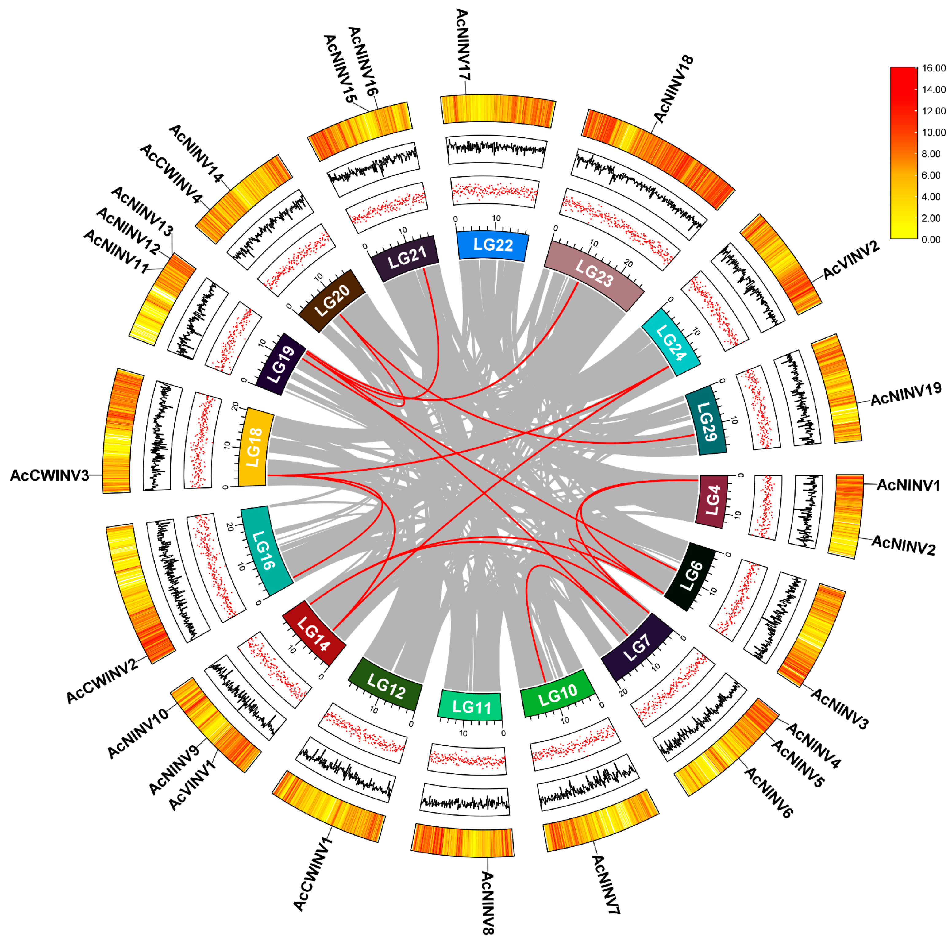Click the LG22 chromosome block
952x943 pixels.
point(493,245)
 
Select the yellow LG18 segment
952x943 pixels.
point(254,447)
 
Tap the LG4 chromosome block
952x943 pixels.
point(713,501)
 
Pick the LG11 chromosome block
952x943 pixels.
point(471,707)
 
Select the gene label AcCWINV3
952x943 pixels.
point(49,475)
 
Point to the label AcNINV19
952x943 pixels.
point(906,394)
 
